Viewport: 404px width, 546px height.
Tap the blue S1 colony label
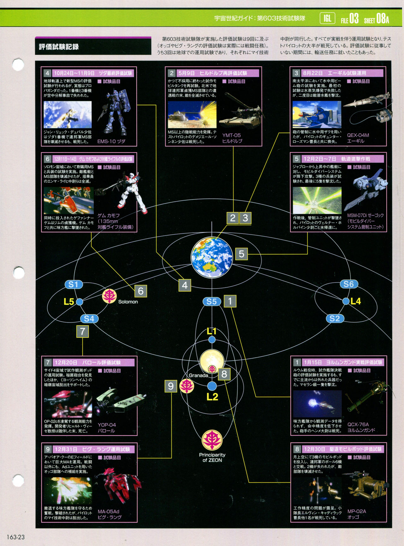(74, 284)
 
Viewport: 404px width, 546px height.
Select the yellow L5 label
(68, 302)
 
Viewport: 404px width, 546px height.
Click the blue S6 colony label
(349, 284)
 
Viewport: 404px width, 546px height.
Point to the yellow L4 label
(356, 301)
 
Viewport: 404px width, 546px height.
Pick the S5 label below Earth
(211, 301)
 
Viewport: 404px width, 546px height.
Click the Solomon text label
(128, 302)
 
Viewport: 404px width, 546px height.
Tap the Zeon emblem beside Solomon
(109, 296)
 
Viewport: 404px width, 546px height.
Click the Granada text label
(198, 375)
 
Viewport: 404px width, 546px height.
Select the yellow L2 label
(212, 397)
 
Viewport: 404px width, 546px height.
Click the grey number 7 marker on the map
(82, 331)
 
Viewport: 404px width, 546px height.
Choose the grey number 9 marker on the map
(171, 386)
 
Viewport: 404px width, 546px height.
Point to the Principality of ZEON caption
(212, 458)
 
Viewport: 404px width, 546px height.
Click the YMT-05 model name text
(231, 135)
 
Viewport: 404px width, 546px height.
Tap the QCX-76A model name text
(358, 424)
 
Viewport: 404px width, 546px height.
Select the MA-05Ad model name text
(108, 512)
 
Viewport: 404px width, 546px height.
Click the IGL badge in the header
(327, 18)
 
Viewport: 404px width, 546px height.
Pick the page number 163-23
(15, 537)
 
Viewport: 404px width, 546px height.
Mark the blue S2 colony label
(335, 318)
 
